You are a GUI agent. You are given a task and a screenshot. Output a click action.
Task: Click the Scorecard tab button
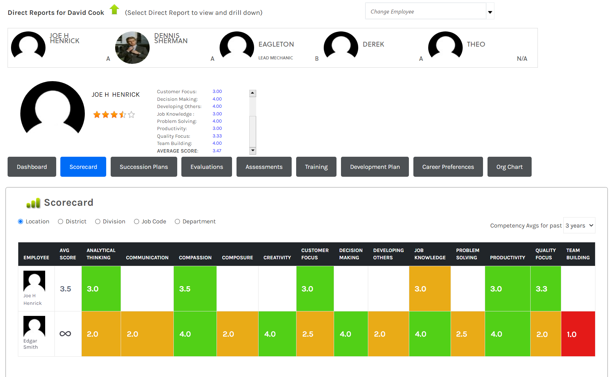click(x=83, y=167)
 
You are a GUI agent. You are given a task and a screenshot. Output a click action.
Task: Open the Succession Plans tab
click(x=144, y=167)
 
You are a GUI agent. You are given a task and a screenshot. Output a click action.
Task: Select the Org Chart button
click(x=509, y=167)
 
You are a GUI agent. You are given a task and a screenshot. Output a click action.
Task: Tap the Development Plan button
click(x=375, y=167)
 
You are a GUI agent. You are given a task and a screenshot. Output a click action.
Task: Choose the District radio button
click(x=61, y=222)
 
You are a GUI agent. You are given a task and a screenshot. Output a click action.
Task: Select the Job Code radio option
click(x=137, y=222)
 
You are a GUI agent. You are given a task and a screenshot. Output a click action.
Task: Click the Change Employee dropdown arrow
click(x=490, y=12)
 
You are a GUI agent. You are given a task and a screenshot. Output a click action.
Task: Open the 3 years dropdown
click(x=579, y=225)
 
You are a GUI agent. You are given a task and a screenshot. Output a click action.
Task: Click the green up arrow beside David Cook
click(x=114, y=9)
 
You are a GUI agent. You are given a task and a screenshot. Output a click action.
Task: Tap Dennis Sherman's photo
click(x=132, y=48)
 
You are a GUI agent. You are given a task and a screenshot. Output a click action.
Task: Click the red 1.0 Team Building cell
click(x=578, y=334)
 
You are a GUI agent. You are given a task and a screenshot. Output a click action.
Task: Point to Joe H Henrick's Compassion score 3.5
click(x=195, y=289)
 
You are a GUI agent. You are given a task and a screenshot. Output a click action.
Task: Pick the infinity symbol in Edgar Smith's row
click(x=65, y=333)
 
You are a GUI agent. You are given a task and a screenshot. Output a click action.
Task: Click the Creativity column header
click(x=277, y=258)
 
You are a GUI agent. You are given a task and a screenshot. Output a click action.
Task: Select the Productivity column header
click(x=508, y=258)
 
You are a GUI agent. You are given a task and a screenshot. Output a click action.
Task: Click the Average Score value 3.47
click(x=217, y=151)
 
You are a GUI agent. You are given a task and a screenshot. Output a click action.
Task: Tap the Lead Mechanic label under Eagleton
click(x=276, y=58)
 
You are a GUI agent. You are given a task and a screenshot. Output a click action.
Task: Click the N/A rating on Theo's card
click(x=522, y=59)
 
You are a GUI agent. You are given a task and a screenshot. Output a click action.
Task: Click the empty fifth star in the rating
click(x=131, y=115)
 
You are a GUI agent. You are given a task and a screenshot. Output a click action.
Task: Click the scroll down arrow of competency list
click(x=253, y=151)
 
